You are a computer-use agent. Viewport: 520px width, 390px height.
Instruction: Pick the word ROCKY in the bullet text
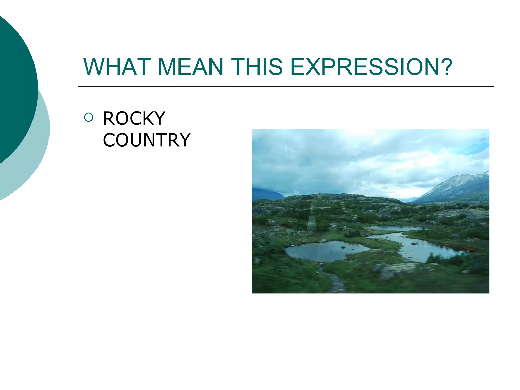pos(134,119)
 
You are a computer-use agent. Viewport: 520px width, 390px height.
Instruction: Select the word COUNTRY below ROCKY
pos(147,140)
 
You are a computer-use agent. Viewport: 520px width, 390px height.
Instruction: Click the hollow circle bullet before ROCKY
pos(89,117)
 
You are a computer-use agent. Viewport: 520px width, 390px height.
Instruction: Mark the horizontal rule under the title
pos(286,87)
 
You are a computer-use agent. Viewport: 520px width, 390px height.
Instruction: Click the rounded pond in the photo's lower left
pos(325,251)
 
